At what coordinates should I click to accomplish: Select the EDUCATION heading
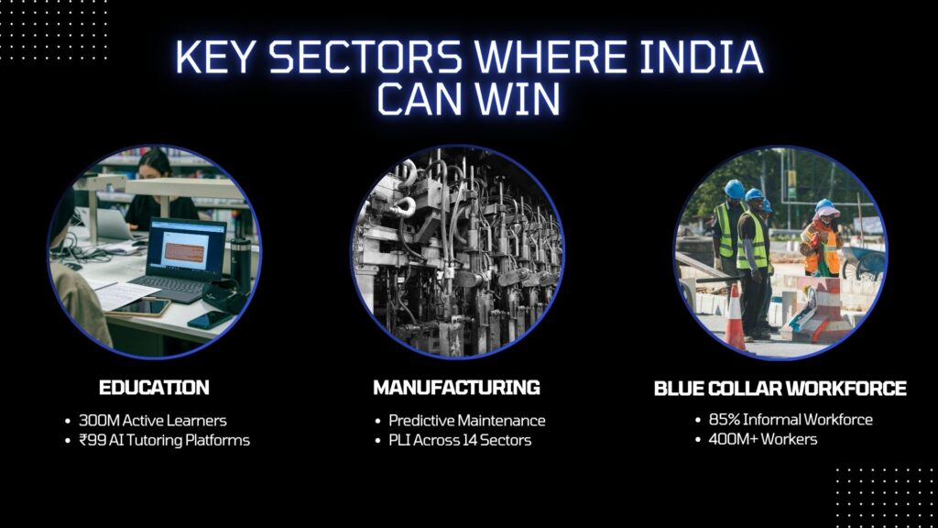click(x=154, y=387)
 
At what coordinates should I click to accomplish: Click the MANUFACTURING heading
click(x=456, y=387)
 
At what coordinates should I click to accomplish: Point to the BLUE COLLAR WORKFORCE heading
click(x=780, y=389)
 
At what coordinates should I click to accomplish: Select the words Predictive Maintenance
click(x=466, y=421)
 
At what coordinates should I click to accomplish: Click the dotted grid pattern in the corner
click(x=879, y=496)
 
